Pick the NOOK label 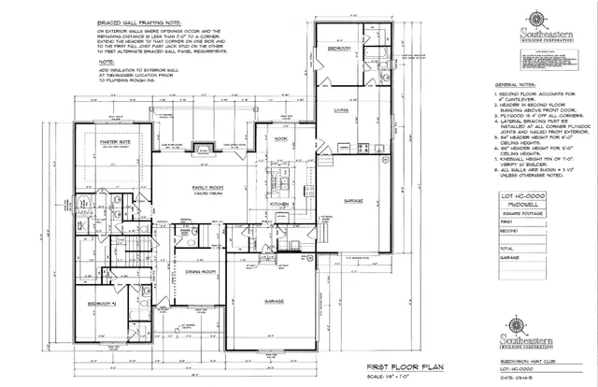point(280,137)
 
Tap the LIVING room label point(342,110)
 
